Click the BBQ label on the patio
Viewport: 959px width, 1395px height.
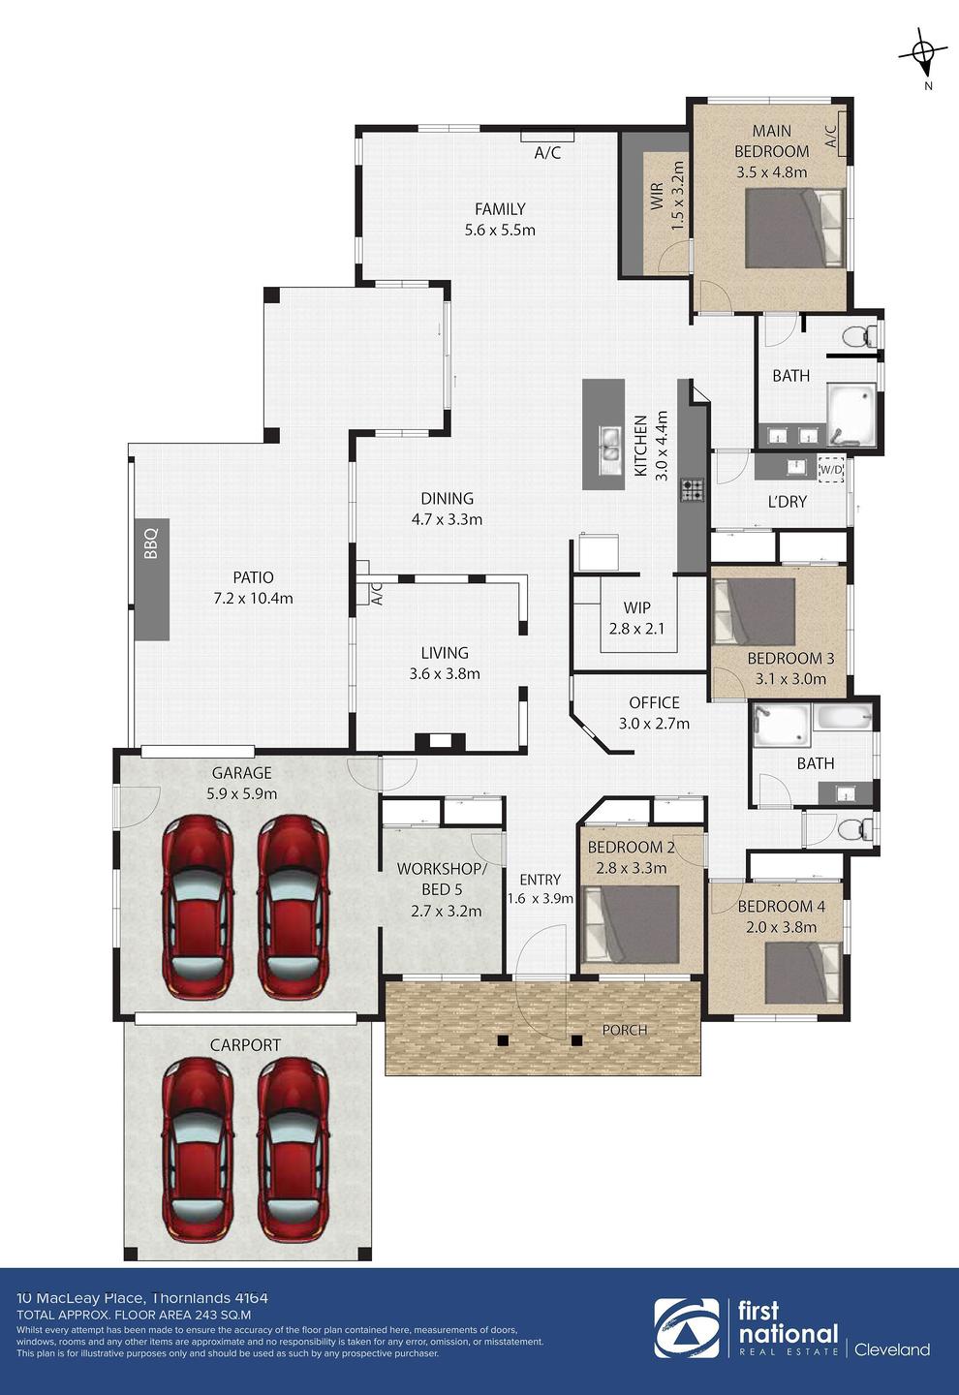point(151,543)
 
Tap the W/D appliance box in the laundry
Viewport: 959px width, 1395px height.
point(831,469)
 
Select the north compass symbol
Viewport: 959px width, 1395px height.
point(923,58)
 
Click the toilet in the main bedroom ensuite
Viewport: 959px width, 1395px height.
point(858,336)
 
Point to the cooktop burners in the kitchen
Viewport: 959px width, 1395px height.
point(693,489)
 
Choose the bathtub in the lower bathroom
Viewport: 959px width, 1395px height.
point(845,718)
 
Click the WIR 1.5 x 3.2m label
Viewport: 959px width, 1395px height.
point(666,195)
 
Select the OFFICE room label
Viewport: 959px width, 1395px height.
point(654,702)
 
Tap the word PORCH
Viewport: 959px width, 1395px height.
point(625,1030)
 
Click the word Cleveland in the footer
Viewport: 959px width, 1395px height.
point(892,1349)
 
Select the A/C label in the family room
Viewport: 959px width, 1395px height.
point(547,153)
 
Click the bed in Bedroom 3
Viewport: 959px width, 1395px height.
point(754,612)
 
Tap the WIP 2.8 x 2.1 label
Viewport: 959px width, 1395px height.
point(636,618)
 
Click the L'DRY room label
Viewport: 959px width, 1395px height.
point(788,502)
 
